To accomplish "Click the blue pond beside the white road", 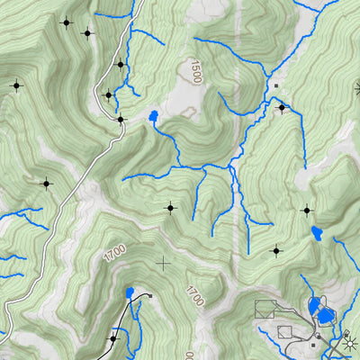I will (154, 117).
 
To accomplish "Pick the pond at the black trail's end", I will (130, 292).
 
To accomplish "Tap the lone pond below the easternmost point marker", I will (317, 235).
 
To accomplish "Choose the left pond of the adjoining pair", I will (314, 306).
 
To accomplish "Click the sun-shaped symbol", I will (348, 342).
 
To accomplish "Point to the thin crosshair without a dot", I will (163, 263).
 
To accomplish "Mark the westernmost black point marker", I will (15, 85).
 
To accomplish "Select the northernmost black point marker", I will (66, 22).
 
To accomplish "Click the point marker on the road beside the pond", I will (121, 118).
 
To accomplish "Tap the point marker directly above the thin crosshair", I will (169, 208).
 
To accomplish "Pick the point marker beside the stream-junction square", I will (282, 108).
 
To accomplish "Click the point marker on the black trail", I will (113, 338).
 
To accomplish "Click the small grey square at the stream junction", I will (275, 86).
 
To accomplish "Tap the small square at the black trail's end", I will (151, 296).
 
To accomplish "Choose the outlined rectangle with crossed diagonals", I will (265, 310).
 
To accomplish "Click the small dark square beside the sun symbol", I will (313, 345).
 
